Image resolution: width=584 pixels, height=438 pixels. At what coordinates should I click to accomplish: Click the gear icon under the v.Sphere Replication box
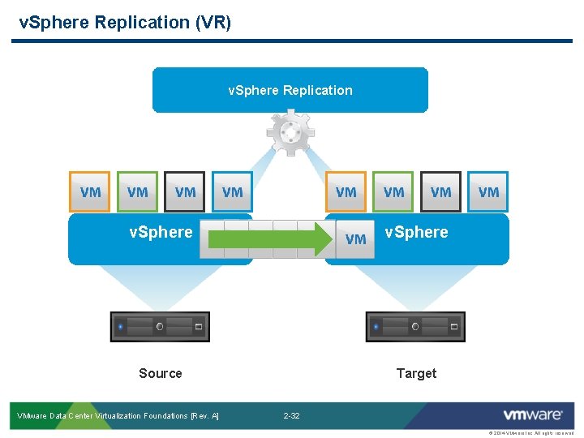pos(290,134)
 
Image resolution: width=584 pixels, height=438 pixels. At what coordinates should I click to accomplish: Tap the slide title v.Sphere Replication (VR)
pos(125,22)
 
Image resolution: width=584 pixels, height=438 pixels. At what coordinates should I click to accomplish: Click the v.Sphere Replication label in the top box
pos(290,90)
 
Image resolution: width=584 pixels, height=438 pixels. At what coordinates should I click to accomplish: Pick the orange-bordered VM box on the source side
pos(90,191)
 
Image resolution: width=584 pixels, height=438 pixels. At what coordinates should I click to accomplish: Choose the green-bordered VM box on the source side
pos(138,191)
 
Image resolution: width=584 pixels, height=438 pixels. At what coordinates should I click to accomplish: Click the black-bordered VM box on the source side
pos(185,191)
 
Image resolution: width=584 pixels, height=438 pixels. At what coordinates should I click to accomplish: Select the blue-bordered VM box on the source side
pos(232,191)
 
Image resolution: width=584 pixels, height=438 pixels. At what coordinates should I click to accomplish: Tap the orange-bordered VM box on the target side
pos(346,191)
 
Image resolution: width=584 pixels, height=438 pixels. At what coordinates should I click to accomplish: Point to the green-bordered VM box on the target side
pos(393,191)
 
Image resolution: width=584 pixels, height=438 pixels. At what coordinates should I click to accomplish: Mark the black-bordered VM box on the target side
pos(440,191)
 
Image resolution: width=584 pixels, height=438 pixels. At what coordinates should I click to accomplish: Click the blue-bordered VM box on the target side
pos(488,191)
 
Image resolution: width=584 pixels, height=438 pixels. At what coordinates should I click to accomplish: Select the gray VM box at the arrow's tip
pos(355,238)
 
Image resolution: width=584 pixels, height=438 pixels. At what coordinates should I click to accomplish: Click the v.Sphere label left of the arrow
pos(161,232)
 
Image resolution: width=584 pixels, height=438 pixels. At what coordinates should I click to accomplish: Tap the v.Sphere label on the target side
pos(416,232)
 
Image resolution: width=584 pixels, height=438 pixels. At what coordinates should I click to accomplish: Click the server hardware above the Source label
pos(160,327)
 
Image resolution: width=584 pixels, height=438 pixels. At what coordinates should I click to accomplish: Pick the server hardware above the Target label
pos(416,327)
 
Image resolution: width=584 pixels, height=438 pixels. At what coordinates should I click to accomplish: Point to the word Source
pos(161,373)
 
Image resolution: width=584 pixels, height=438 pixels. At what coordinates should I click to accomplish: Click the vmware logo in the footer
pos(532,415)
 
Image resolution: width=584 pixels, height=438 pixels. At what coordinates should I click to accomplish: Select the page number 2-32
pos(291,416)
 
